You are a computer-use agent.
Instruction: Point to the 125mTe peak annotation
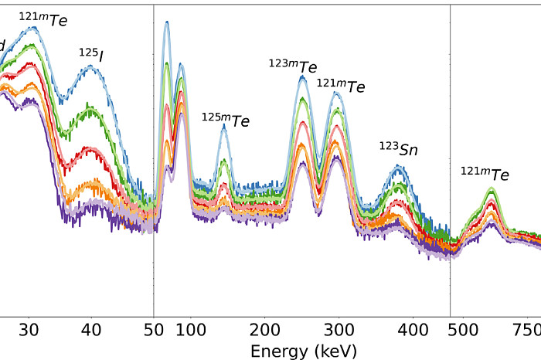(225, 119)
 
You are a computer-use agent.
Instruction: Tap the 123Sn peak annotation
(398, 148)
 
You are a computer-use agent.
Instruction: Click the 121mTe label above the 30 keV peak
(42, 19)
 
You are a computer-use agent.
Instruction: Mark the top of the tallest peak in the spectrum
(167, 22)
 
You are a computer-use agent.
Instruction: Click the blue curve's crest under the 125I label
(91, 66)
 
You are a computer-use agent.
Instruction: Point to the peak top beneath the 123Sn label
(400, 168)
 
